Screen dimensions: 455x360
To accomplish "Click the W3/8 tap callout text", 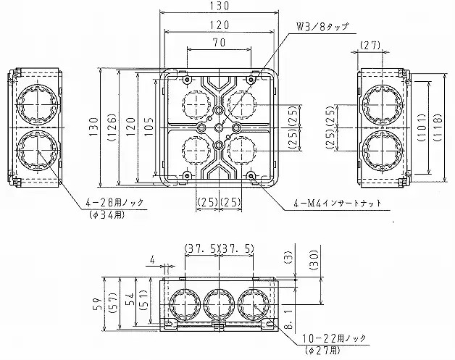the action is point(322,27).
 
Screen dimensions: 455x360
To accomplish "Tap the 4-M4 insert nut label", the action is point(337,204).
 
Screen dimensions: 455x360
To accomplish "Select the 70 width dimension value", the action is point(220,43).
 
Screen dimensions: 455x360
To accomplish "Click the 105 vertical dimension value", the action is point(149,127).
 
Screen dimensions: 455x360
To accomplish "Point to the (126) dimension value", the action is point(112,127).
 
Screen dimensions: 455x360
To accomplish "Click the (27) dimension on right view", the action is point(370,45).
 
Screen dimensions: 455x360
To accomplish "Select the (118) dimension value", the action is point(438,127).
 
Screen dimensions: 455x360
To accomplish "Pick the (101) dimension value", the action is point(422,127).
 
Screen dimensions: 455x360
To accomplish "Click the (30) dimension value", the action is point(314,260).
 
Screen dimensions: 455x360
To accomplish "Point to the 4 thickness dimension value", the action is point(152,260).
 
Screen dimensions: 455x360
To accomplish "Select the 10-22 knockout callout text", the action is point(334,338).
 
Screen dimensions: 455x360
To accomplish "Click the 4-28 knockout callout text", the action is point(114,202).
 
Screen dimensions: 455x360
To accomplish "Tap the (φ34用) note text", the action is point(107,214).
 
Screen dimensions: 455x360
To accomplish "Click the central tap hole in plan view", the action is point(219,127).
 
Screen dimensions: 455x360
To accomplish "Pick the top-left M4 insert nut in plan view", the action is point(187,79).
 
